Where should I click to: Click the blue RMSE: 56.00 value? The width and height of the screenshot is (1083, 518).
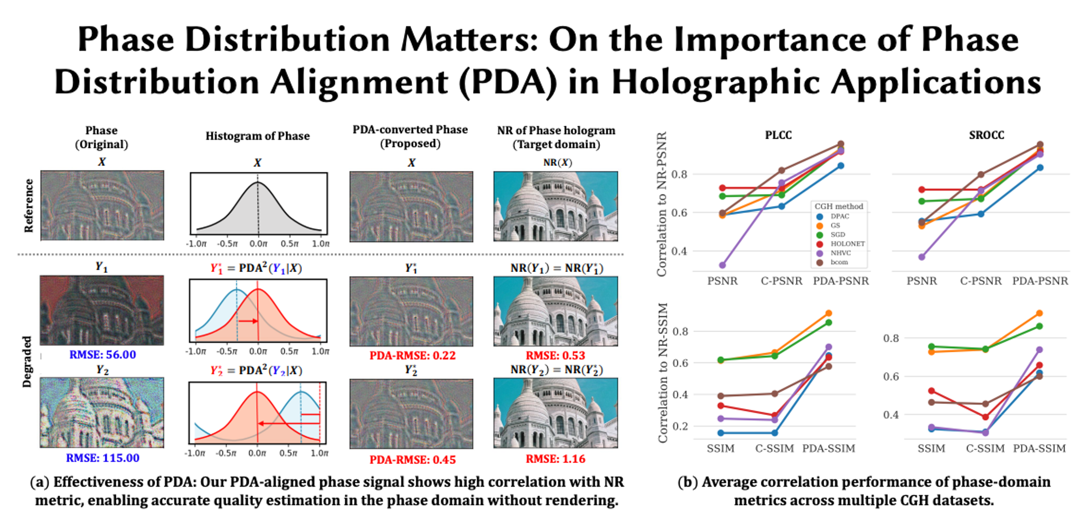[x=103, y=355]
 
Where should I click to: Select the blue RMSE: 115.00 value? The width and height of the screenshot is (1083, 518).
[x=103, y=458]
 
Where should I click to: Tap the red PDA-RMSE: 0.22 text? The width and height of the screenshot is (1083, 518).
[x=412, y=356]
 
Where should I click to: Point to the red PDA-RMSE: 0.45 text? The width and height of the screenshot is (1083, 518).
[x=412, y=459]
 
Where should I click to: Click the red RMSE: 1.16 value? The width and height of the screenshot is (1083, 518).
[x=555, y=459]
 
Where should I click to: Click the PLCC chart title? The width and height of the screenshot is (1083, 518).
[x=778, y=135]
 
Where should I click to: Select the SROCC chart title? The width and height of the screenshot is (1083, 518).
[x=986, y=135]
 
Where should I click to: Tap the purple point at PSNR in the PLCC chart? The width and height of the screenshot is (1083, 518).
[x=722, y=265]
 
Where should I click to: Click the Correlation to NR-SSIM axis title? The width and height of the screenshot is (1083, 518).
[x=663, y=372]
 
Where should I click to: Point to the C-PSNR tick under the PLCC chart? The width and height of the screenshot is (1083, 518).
[x=781, y=281]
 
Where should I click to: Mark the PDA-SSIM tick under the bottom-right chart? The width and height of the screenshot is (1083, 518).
[x=1039, y=449]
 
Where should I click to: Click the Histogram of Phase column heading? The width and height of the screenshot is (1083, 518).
[x=257, y=136]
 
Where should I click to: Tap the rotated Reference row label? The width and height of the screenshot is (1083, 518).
[x=28, y=206]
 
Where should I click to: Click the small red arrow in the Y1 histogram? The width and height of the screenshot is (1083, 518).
[x=248, y=321]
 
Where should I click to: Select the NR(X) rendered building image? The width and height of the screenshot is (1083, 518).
[x=555, y=206]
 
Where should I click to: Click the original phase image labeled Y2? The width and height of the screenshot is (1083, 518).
[x=102, y=412]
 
